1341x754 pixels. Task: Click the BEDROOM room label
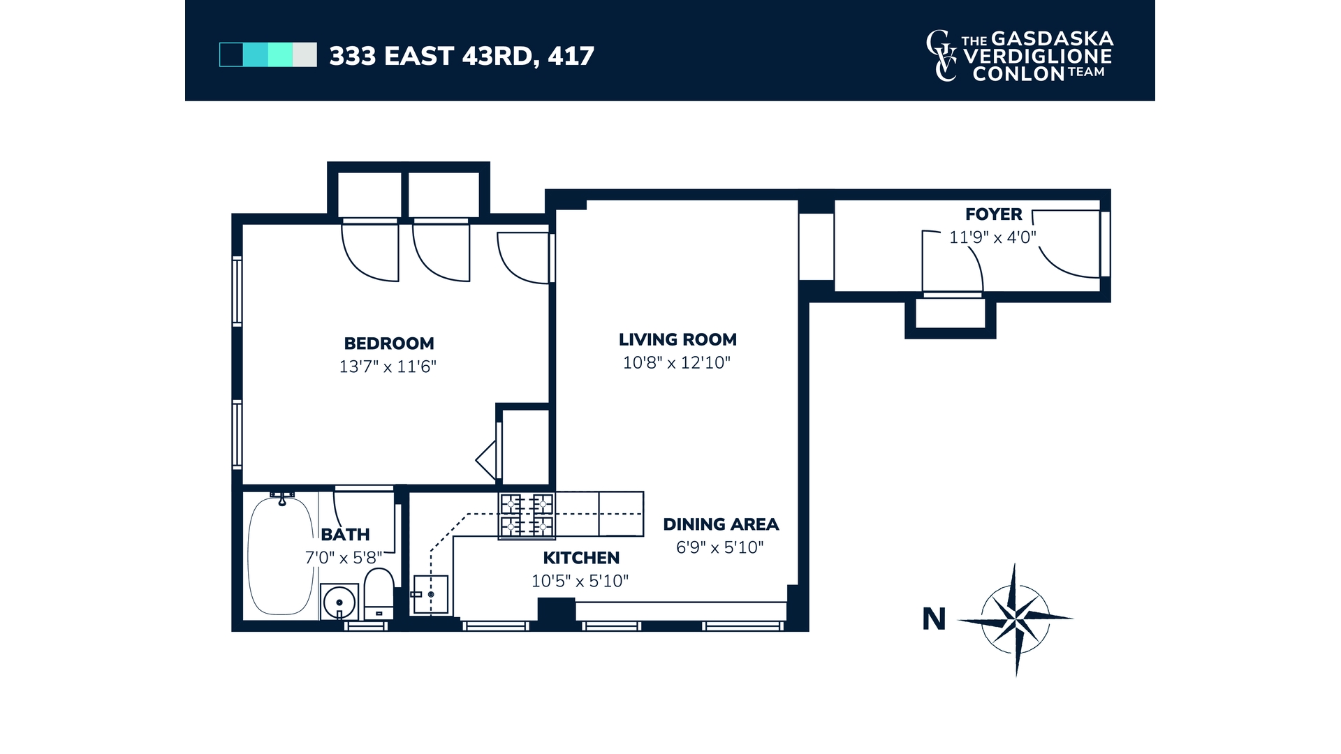point(389,343)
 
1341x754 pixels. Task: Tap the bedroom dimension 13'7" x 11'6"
point(388,367)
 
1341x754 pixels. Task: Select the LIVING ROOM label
point(677,340)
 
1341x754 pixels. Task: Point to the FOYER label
point(993,214)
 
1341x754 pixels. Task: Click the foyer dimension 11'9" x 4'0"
point(992,237)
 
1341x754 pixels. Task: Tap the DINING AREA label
point(721,524)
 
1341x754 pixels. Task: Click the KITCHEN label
point(581,558)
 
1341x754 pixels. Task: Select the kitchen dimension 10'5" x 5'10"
point(580,581)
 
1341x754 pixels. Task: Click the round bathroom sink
point(340,601)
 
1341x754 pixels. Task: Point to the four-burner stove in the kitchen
point(527,515)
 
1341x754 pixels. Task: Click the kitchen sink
point(430,594)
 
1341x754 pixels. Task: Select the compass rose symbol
point(1014,619)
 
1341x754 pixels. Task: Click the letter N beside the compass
point(934,619)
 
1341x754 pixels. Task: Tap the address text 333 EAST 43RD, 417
point(462,56)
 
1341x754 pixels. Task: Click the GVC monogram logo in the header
point(942,56)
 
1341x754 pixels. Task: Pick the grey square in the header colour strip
point(305,54)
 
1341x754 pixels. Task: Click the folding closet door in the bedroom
point(488,459)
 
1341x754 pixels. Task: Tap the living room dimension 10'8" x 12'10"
point(676,363)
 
